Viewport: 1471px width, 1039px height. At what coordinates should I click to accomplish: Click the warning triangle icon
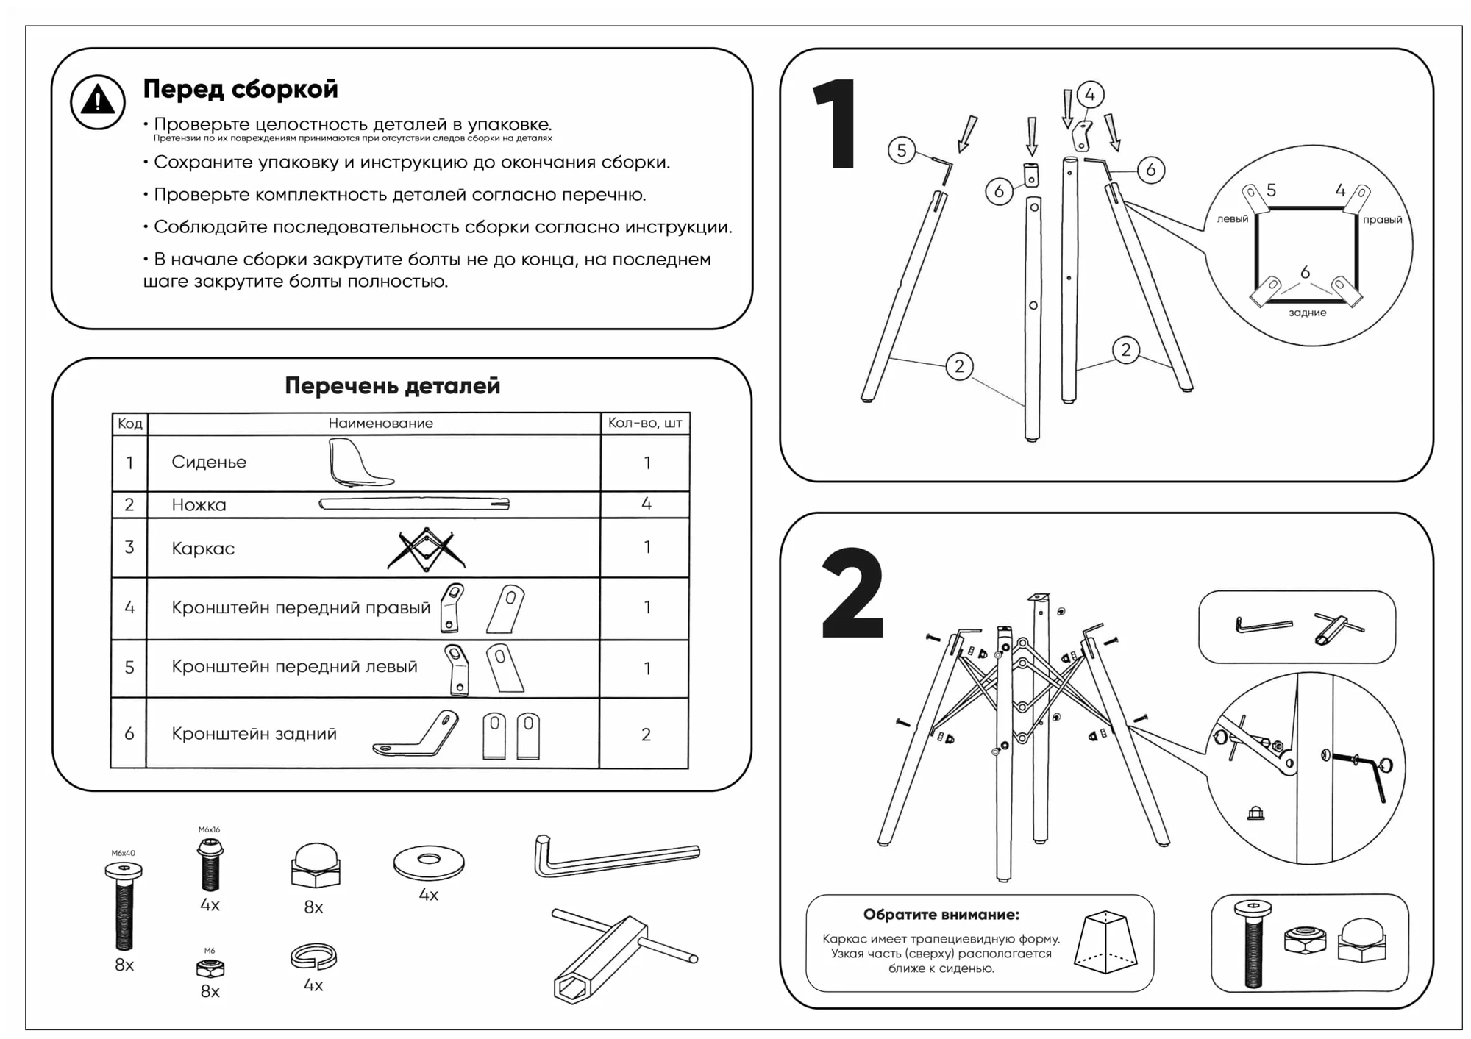pos(98,102)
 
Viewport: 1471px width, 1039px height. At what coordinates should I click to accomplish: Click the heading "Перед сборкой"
pos(241,89)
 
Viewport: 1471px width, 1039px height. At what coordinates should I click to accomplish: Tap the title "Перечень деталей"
pos(392,385)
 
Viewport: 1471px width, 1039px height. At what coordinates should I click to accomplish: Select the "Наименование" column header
pos(380,424)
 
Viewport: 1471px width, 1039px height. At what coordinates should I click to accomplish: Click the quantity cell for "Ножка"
pos(646,504)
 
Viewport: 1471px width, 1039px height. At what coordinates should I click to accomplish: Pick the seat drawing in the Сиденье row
pos(360,463)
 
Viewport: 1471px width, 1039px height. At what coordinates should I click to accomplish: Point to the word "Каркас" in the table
pos(203,549)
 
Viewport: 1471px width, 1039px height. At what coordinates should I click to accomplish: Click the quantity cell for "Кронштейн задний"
pos(646,735)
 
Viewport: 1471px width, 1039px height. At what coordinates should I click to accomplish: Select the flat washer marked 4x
pos(429,862)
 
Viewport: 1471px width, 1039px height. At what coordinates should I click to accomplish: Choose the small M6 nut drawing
pos(210,968)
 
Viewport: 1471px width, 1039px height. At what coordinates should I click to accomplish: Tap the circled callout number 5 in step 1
pos(902,151)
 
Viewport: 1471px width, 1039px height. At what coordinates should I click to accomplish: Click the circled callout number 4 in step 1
pos(1090,95)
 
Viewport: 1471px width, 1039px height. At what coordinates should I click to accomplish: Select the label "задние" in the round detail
pos(1308,313)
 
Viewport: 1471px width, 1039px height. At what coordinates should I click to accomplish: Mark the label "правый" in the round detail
pos(1382,220)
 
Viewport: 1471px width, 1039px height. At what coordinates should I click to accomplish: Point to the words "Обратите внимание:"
pos(941,915)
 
